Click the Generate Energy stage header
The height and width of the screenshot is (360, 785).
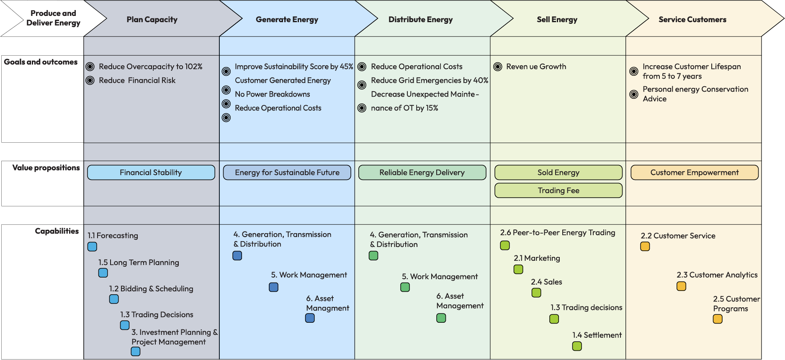point(287,20)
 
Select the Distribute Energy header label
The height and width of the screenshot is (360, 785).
point(420,20)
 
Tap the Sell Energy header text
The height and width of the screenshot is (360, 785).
point(557,20)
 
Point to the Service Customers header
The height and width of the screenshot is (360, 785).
point(692,20)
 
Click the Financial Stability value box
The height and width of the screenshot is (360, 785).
point(151,172)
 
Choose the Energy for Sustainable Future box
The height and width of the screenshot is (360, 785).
point(287,172)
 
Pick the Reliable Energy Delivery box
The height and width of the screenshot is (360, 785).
point(422,172)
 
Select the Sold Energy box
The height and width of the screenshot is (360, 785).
point(559,172)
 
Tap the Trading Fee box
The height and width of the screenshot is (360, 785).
point(559,190)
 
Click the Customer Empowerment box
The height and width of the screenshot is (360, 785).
point(695,172)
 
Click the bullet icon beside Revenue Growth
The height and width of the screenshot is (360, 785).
point(498,67)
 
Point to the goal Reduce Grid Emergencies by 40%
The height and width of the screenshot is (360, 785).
point(430,80)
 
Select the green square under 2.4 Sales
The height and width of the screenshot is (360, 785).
point(536,293)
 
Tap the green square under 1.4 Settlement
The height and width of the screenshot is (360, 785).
point(577,346)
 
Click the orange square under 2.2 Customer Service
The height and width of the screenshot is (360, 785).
point(645,247)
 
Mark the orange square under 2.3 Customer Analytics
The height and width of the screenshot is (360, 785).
point(681,286)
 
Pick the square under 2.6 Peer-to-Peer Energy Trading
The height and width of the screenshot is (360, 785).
point(505,245)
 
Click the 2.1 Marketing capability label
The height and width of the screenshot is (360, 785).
point(537,258)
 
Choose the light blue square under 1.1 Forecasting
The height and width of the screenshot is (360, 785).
point(93,247)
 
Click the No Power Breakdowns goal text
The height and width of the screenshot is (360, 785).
point(273,94)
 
